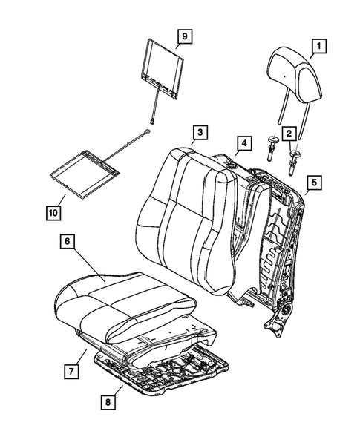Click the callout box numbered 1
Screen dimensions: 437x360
point(318,49)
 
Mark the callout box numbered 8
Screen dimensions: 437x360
point(110,403)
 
